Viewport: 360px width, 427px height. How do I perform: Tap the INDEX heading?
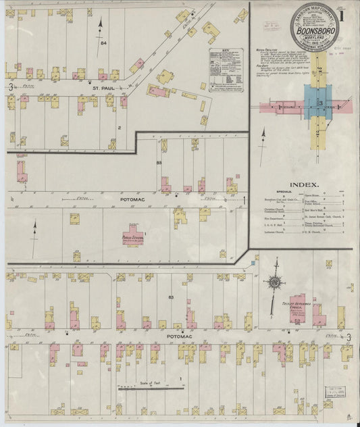[304, 184]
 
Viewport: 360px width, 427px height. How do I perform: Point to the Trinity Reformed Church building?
[301, 307]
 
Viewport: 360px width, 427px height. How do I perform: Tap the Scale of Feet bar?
[151, 388]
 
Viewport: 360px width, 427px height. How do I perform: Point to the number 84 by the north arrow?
[103, 43]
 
